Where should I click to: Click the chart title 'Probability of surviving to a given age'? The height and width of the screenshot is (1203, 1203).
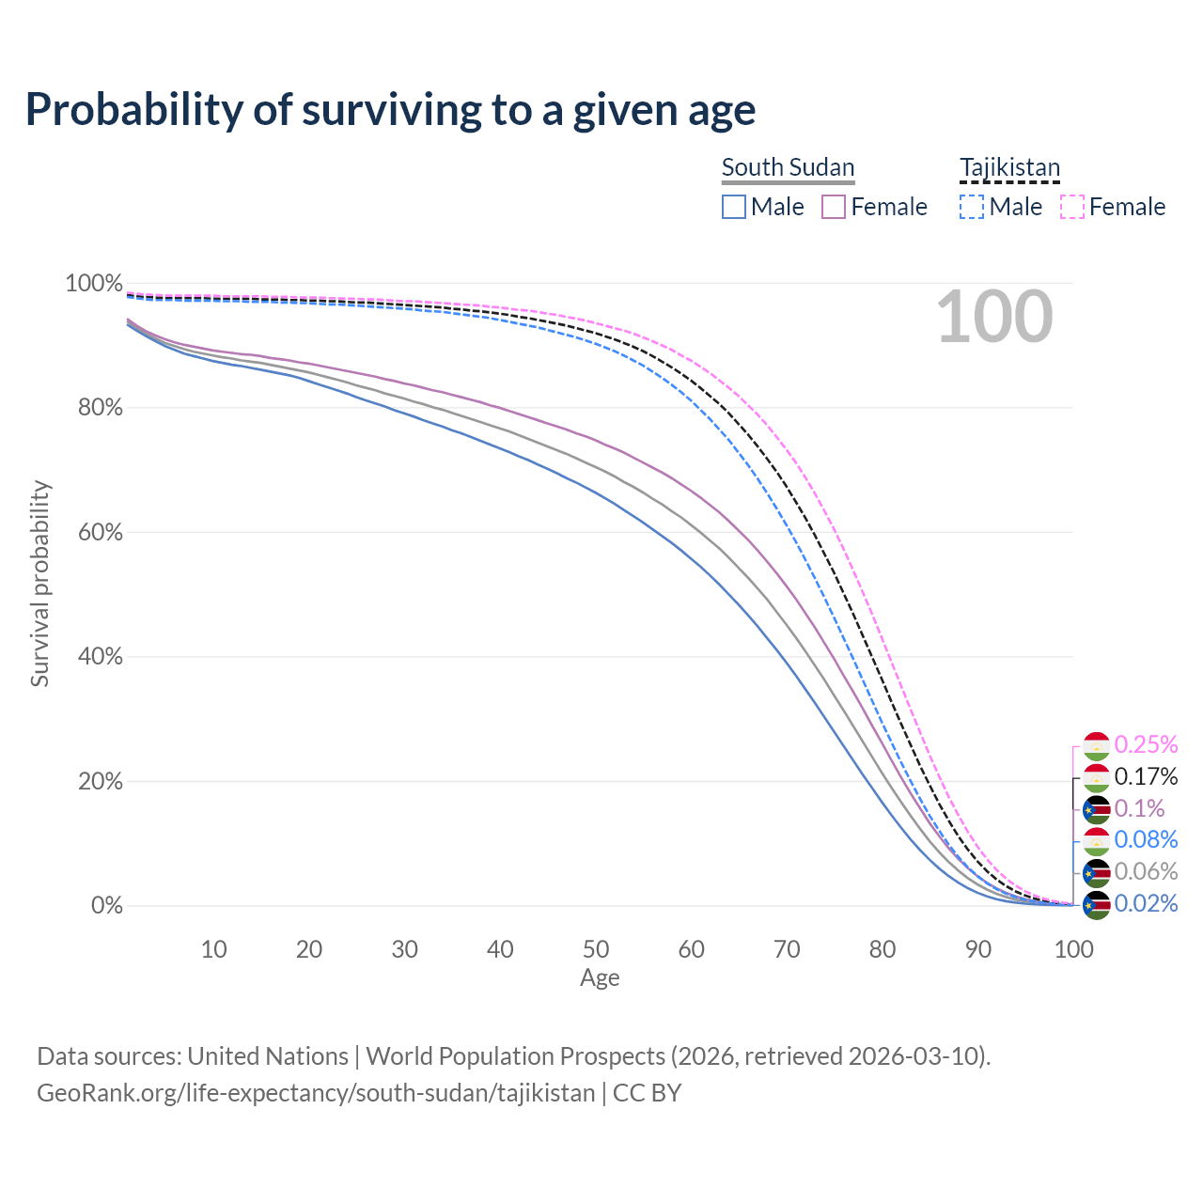point(390,109)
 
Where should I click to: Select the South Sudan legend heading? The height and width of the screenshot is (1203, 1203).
point(788,167)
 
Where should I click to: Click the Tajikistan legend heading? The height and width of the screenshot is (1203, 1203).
point(1009,167)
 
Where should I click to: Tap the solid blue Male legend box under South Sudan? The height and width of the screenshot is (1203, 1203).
point(734,207)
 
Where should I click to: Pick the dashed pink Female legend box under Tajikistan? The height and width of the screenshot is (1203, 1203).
point(1072,207)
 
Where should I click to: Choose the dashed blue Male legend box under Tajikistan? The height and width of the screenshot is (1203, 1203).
point(972,207)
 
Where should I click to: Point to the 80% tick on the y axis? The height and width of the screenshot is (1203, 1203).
point(94,408)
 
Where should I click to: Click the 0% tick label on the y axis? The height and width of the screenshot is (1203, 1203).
point(106,906)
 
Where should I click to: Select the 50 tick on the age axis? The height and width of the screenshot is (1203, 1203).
point(596,949)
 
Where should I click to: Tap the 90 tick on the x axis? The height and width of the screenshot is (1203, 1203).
point(978,949)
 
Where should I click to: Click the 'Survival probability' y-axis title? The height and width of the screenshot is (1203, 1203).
point(39,584)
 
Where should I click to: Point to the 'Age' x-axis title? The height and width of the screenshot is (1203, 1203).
point(600,978)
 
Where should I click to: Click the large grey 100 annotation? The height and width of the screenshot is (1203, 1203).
point(994,317)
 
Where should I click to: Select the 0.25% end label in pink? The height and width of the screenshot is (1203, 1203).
point(1146,744)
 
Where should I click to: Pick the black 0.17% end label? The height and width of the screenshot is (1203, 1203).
point(1146,776)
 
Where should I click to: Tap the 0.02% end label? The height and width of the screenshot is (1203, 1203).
point(1146,903)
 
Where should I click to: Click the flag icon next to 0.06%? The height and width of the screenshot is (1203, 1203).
point(1097,873)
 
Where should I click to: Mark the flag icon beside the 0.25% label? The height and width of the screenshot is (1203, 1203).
point(1097,746)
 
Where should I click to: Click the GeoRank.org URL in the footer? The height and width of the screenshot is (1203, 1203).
point(316,1093)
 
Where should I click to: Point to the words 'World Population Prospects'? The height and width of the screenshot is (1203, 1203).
point(515,1056)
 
